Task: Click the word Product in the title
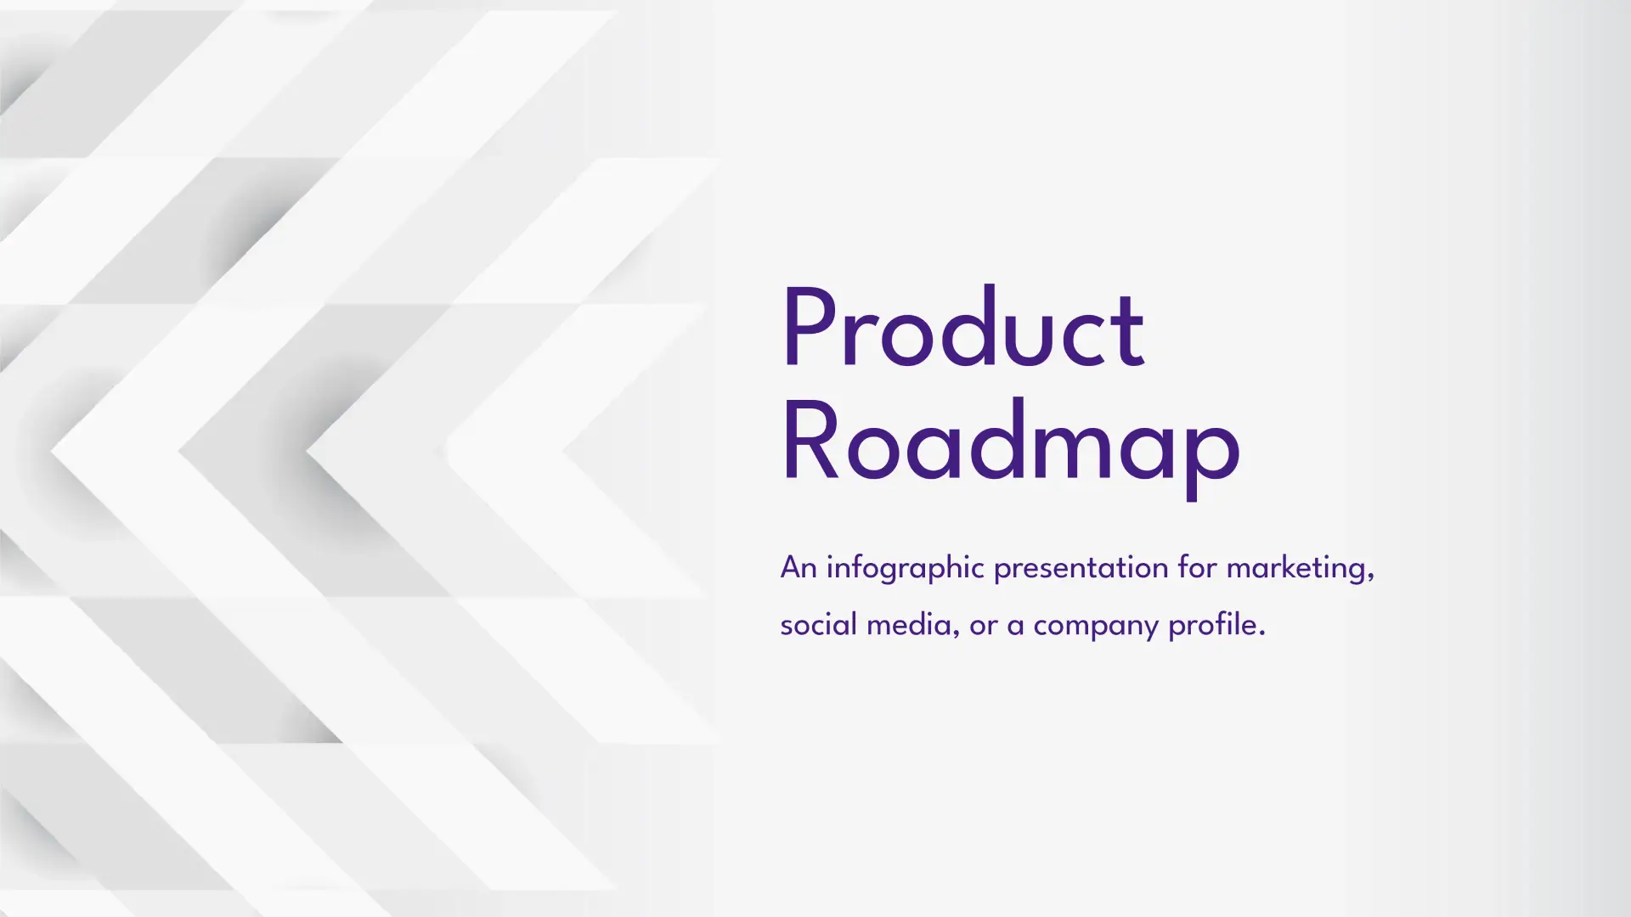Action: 963,329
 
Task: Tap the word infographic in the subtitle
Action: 906,568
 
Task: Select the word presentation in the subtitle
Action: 1081,568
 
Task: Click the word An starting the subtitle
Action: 799,567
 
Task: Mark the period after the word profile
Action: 1262,633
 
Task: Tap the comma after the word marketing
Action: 1370,578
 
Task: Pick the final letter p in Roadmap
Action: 1212,459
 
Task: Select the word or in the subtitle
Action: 983,627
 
